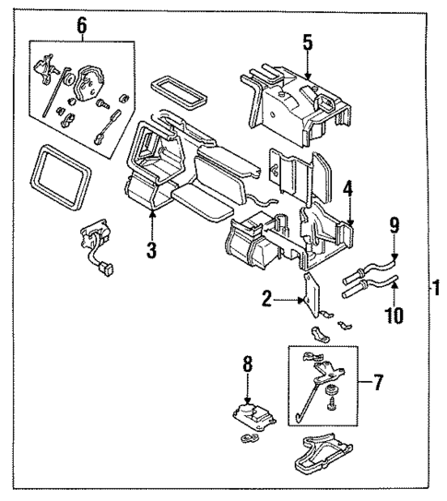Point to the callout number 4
[x=348, y=191]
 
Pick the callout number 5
[x=308, y=42]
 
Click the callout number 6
[x=81, y=25]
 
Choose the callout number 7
[x=377, y=382]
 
